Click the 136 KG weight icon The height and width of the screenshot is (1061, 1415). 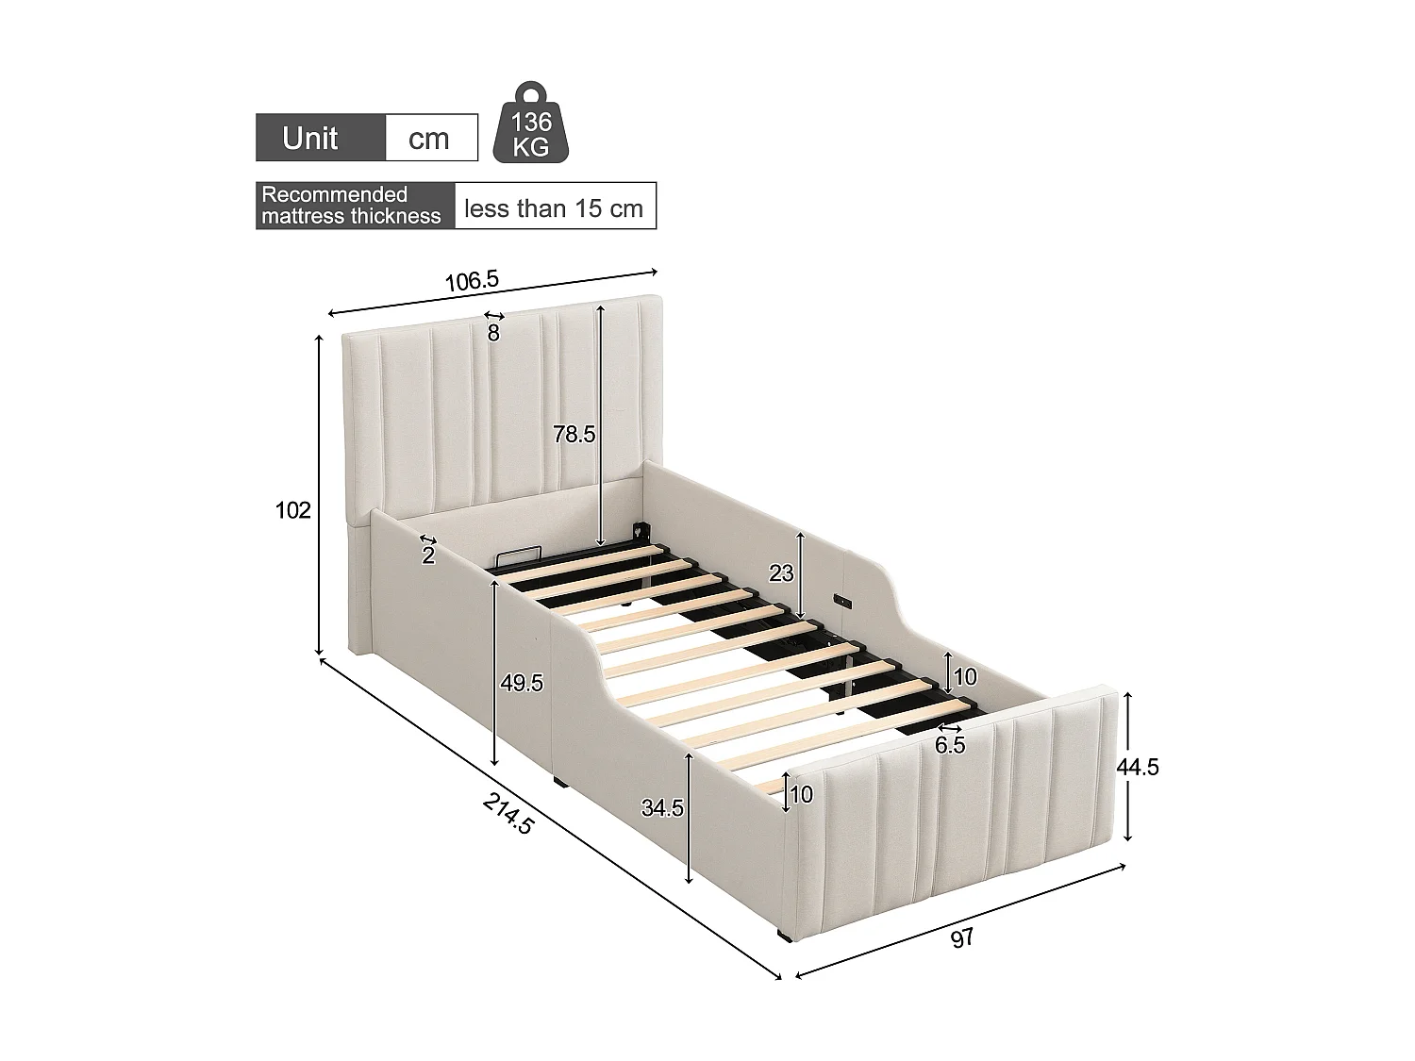(x=531, y=124)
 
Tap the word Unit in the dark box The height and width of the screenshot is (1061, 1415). (x=310, y=139)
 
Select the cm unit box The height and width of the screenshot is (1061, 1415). (x=429, y=139)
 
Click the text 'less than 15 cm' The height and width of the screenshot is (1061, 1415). (x=555, y=207)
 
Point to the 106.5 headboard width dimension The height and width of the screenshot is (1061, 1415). (x=472, y=280)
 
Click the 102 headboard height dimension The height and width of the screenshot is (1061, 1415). (x=292, y=510)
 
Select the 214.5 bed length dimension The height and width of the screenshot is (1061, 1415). (x=508, y=813)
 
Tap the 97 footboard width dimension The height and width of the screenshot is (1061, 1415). (x=961, y=938)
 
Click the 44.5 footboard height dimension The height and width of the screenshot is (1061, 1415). (x=1138, y=767)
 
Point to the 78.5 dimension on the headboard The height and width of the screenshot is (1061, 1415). (x=574, y=434)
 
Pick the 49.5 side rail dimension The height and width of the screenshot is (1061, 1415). (x=522, y=683)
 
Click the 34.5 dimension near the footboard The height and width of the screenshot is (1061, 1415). (x=662, y=807)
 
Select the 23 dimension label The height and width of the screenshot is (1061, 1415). (x=782, y=572)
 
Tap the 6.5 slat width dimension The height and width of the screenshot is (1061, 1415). (x=950, y=745)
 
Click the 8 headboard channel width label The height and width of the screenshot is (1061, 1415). (x=493, y=333)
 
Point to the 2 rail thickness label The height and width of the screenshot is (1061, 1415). (x=428, y=555)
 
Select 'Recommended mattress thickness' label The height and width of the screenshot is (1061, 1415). (x=351, y=206)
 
